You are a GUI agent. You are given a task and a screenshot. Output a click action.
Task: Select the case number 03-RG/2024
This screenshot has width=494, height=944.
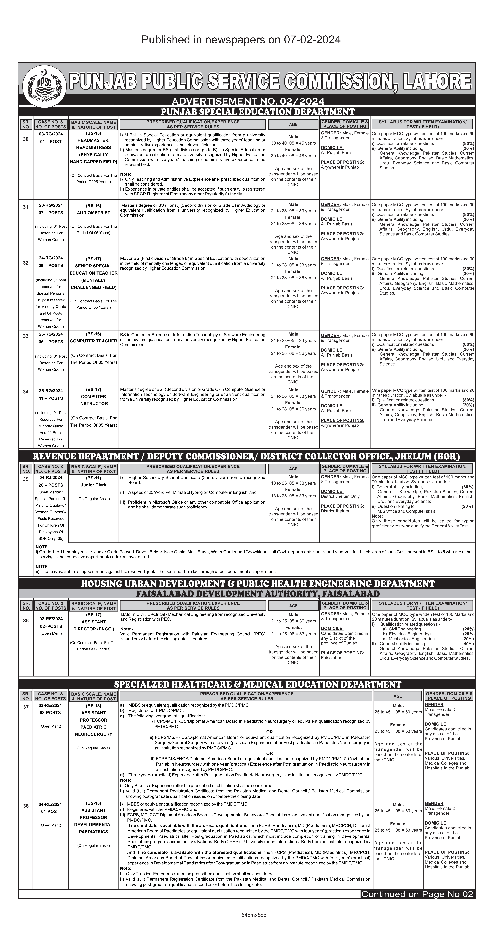tap(51, 134)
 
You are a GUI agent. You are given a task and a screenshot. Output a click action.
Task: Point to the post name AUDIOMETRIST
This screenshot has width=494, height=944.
tap(93, 213)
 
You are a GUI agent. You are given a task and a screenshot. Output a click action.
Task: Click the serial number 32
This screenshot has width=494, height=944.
tap(26, 263)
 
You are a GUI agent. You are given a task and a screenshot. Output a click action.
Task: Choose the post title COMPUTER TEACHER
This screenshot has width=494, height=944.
tap(93, 341)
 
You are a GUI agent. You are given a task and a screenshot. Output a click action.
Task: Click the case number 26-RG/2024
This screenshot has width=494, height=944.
tap(51, 391)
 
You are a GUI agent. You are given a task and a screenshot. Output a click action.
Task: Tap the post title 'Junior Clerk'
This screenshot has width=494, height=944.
tap(93, 485)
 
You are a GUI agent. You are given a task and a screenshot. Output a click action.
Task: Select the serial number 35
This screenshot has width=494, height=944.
tap(26, 479)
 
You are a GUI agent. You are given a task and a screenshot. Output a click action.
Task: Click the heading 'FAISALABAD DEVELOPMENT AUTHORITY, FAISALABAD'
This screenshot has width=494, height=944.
tap(257, 594)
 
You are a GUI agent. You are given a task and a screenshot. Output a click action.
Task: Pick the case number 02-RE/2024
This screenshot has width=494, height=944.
tap(51, 619)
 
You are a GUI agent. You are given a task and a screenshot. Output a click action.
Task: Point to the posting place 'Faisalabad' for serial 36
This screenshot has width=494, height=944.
tap(332, 657)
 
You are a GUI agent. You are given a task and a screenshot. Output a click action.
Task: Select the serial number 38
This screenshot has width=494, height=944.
tap(26, 806)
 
